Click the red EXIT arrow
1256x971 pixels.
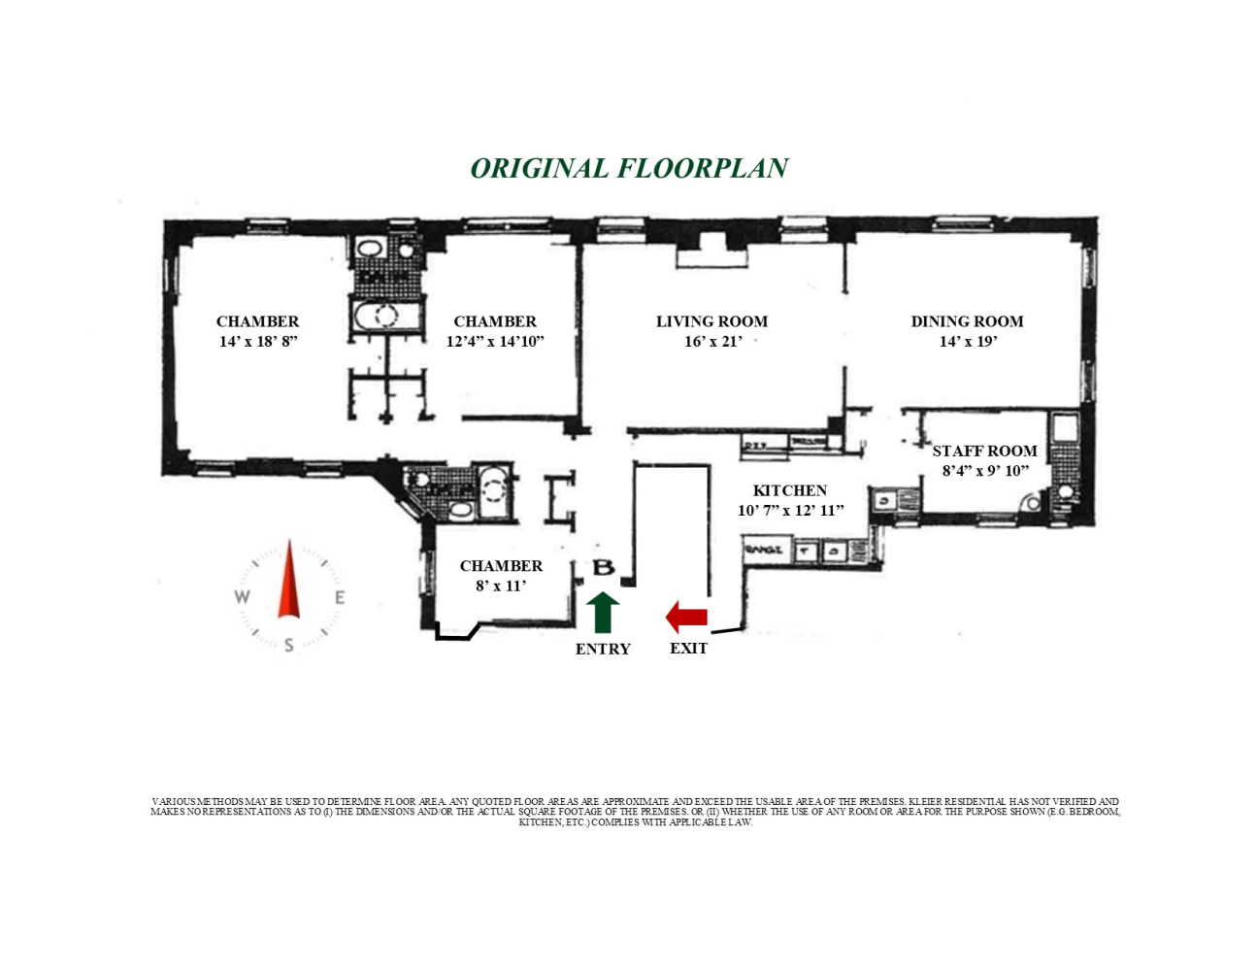coord(686,617)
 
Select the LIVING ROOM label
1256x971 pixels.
coord(711,321)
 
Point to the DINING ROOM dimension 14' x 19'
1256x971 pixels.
coord(967,342)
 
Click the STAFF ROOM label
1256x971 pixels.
coord(984,451)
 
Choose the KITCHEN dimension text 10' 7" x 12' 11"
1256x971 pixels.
coord(790,511)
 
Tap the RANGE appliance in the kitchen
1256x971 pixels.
coord(763,551)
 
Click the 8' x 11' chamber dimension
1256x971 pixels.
coord(501,586)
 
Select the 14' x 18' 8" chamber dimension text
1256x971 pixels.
coord(257,342)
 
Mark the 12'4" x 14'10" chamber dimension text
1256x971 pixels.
coord(495,342)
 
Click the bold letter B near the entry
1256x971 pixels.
coord(603,568)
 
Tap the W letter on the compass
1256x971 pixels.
coord(242,597)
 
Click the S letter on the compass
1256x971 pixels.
coord(289,646)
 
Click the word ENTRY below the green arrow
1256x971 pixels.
coord(603,650)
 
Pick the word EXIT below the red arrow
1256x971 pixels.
coord(688,649)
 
